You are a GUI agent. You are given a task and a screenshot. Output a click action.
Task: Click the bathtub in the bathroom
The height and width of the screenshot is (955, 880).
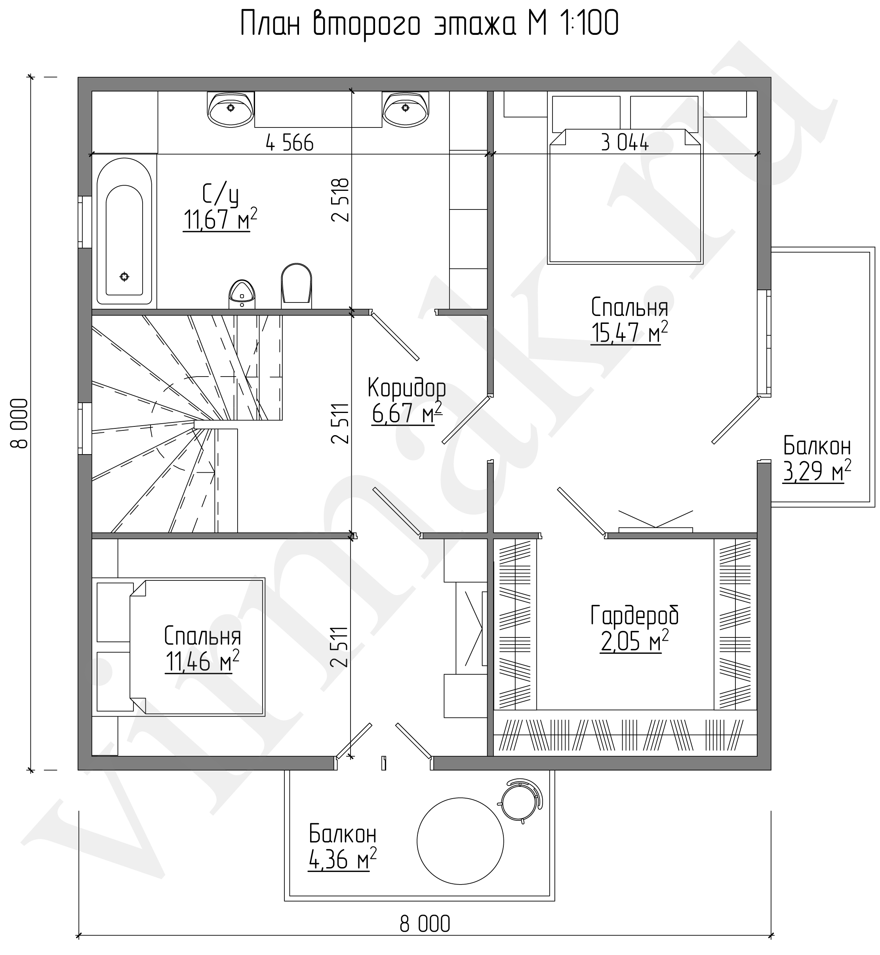[x=124, y=231]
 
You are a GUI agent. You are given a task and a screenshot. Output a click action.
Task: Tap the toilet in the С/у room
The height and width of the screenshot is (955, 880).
[x=296, y=284]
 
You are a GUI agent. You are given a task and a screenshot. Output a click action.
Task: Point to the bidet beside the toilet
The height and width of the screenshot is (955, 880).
[x=242, y=294]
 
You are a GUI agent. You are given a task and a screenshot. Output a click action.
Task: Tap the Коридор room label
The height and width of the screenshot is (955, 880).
[x=407, y=388]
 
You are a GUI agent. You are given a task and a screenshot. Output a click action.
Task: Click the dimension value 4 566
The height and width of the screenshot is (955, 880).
[x=290, y=143]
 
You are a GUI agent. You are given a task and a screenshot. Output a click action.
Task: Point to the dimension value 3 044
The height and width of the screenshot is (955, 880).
[x=625, y=143]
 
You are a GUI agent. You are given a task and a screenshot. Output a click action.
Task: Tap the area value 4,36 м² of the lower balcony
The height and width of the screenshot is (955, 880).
[x=343, y=859]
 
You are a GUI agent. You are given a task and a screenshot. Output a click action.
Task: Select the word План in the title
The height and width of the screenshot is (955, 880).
[x=270, y=24]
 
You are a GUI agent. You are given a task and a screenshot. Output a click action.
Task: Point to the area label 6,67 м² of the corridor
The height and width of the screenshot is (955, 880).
[x=407, y=413]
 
